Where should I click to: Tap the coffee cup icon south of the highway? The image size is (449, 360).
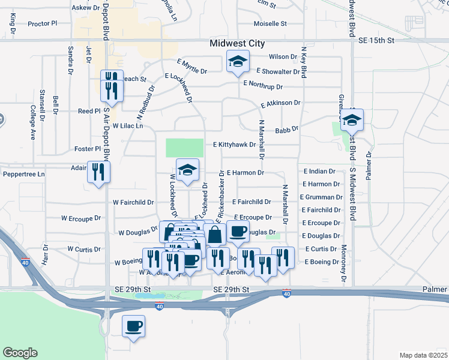[133, 326]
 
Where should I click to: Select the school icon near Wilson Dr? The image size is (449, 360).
[238, 62]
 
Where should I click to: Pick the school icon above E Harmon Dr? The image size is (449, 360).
[187, 170]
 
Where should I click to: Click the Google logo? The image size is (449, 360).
[20, 353]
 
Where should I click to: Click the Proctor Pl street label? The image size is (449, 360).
[42, 24]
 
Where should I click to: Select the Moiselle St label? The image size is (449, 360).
[271, 24]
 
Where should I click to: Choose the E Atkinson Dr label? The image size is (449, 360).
[280, 104]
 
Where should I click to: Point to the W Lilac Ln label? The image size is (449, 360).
[128, 126]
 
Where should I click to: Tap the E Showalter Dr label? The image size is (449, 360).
[278, 71]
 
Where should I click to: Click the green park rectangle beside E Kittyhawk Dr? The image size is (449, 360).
[184, 148]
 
